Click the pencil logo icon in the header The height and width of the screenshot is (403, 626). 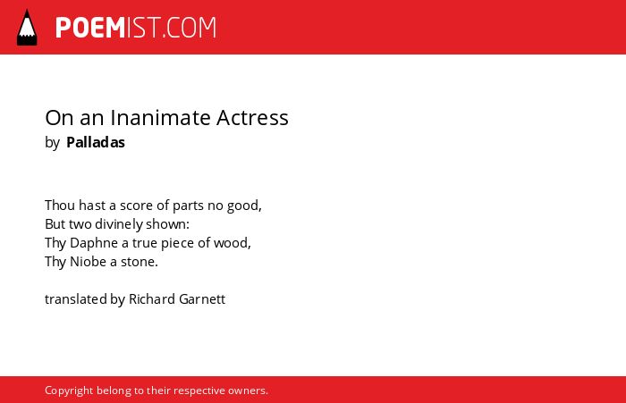click(27, 27)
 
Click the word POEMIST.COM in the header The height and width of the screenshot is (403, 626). click(136, 28)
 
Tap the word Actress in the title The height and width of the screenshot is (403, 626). click(252, 118)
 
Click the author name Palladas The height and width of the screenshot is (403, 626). click(96, 142)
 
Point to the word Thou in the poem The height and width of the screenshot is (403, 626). click(60, 206)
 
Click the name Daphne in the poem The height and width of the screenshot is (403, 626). click(94, 243)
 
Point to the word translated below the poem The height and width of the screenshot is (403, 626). click(76, 299)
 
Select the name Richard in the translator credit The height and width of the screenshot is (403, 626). click(152, 299)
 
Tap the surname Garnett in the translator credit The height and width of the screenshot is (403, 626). click(202, 299)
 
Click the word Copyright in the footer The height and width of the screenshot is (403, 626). click(69, 390)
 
